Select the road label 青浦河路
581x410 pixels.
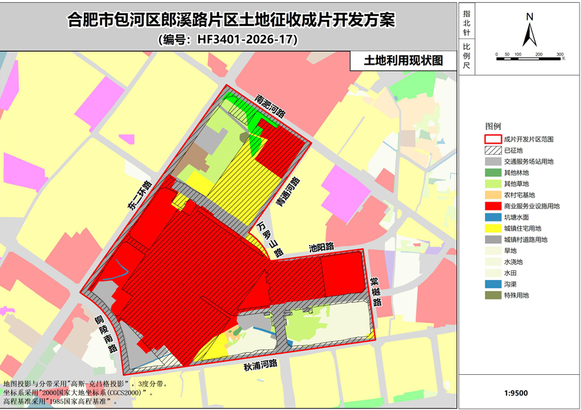tap(293, 190)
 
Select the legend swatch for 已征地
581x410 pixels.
tap(492, 150)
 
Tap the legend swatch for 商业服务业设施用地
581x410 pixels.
tap(492, 206)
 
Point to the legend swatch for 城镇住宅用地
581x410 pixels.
tap(492, 228)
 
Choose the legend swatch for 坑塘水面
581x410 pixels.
tap(492, 217)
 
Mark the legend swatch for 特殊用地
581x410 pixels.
tap(492, 295)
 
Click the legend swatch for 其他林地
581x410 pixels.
tap(492, 172)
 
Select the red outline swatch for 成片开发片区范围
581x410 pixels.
tap(492, 139)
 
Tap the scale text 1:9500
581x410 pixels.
tap(516, 394)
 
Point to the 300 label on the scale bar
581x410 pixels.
tap(560, 54)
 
